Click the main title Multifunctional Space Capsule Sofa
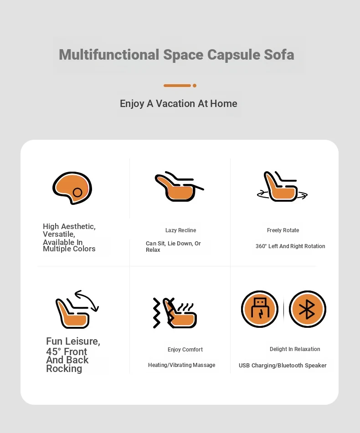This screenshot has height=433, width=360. (176, 55)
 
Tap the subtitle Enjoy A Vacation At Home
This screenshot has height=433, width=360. (178, 104)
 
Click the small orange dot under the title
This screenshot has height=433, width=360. (195, 86)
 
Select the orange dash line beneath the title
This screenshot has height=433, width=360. (177, 86)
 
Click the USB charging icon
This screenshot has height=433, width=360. (260, 309)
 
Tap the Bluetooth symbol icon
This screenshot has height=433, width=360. (307, 309)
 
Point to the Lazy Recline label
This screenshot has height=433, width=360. (180, 230)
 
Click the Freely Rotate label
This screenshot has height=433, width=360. (283, 230)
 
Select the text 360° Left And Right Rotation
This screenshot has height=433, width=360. (290, 246)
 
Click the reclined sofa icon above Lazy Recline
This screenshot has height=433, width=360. (179, 187)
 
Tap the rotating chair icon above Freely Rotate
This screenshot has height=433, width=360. (282, 187)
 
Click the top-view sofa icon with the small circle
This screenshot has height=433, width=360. (72, 188)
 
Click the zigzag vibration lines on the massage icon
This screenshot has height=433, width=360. (157, 313)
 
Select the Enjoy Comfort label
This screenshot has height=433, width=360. (185, 350)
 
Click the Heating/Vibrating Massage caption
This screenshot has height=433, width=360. (181, 365)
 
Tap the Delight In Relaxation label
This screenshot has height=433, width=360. (295, 349)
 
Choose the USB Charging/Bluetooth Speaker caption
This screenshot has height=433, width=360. (283, 366)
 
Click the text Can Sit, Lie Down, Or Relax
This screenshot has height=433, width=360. (173, 247)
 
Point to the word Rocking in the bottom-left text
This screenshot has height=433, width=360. (64, 369)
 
